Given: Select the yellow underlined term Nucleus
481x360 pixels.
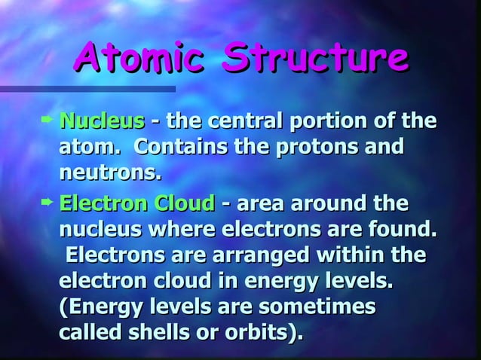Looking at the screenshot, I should [x=101, y=121].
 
